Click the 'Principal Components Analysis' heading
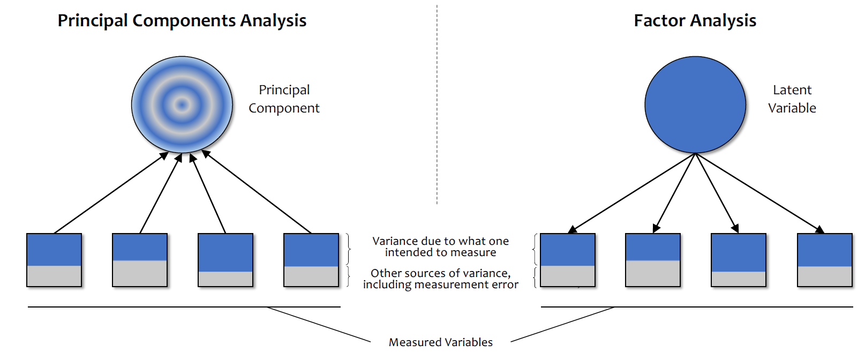(182, 20)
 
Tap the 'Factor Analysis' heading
(695, 20)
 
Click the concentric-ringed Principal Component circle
(182, 104)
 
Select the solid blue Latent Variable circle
(695, 104)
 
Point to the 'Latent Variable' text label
(792, 99)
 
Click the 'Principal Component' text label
(284, 99)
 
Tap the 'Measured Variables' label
(440, 342)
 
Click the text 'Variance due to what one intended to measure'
(440, 246)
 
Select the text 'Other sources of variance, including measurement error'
(440, 279)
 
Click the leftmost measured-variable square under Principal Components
(54, 260)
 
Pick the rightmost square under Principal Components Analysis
(311, 260)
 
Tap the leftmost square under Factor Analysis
(568, 260)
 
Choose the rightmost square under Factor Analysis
(824, 260)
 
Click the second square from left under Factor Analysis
(653, 260)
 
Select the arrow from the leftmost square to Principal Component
(110, 193)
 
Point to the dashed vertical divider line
(437, 107)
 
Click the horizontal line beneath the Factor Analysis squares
(696, 307)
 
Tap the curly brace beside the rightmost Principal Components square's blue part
(349, 249)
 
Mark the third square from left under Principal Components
(225, 260)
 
